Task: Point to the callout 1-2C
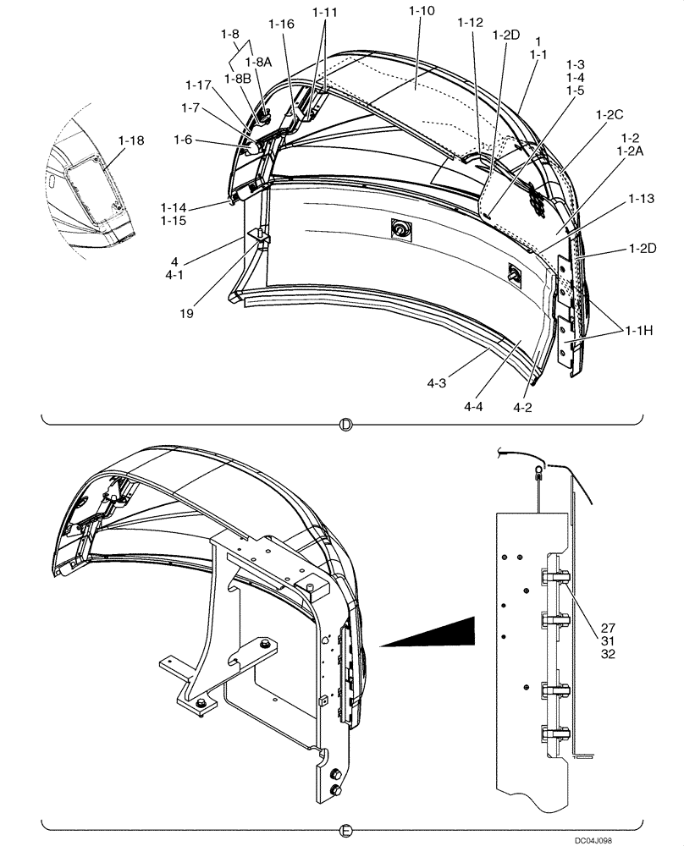pyautogui.click(x=609, y=113)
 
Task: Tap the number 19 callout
pyautogui.click(x=187, y=313)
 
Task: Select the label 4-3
pyautogui.click(x=437, y=383)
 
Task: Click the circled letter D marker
pyautogui.click(x=344, y=426)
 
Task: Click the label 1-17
pyautogui.click(x=199, y=85)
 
